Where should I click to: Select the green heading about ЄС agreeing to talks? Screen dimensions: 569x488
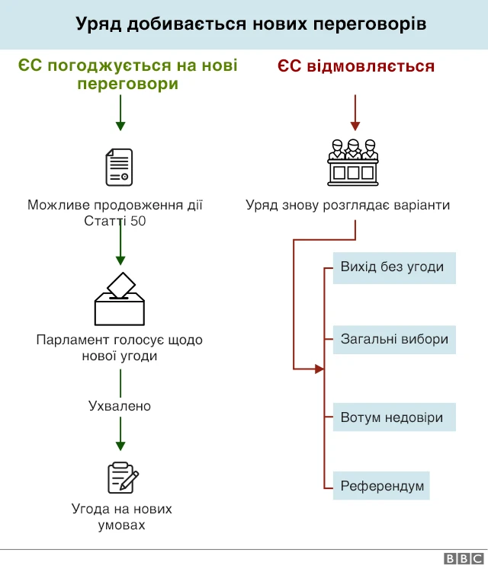click(x=127, y=74)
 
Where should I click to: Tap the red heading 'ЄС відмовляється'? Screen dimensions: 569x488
click(x=355, y=66)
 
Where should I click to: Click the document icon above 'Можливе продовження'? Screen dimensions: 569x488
click(x=119, y=167)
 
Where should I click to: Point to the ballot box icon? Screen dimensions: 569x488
click(x=120, y=300)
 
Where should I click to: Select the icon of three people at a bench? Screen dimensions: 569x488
click(x=352, y=162)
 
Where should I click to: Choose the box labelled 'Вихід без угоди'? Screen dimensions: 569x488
click(x=393, y=268)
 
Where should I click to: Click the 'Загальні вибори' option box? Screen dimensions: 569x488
click(x=394, y=339)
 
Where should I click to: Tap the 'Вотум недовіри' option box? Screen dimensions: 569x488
click(x=393, y=417)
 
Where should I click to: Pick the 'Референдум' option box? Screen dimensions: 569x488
click(x=381, y=485)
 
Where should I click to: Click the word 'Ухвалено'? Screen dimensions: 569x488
click(x=120, y=406)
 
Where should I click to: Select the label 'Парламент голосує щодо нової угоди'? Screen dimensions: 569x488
click(x=120, y=347)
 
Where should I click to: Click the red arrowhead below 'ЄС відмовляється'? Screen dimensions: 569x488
click(x=355, y=125)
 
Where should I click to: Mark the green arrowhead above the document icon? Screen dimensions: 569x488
click(x=120, y=125)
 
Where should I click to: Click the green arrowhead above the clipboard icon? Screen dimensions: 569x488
click(x=120, y=444)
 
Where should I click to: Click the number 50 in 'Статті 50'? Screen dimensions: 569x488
click(x=138, y=222)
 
